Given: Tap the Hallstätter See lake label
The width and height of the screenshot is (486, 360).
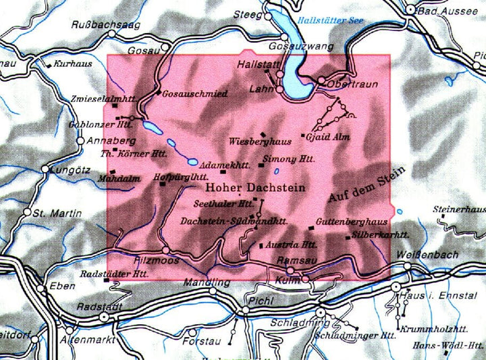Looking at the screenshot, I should (331, 21).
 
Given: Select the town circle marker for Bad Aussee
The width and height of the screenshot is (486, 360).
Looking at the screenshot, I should (410, 9).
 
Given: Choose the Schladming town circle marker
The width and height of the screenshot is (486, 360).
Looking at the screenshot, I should (321, 314).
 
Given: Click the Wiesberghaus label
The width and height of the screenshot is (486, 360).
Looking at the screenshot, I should (260, 142).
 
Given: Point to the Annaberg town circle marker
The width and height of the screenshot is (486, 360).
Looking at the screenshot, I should (80, 141).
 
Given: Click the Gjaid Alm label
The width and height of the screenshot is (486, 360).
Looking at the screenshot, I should (327, 137).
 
